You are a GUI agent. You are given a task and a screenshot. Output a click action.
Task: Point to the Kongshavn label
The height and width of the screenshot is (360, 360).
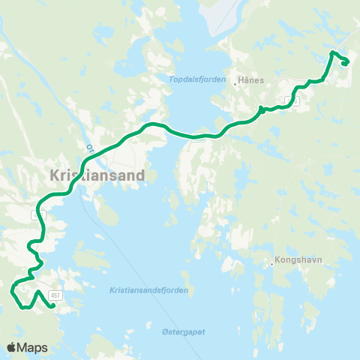[x=297, y=262]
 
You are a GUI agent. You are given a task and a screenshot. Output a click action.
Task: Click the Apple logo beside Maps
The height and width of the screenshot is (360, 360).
[x=12, y=347]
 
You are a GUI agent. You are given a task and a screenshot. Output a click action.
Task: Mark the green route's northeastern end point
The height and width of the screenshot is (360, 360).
[x=344, y=64]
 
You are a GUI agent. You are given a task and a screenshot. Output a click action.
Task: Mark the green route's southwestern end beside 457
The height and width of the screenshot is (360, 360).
[x=53, y=305]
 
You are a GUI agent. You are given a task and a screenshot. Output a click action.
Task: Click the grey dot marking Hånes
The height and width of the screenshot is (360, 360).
[x=235, y=84]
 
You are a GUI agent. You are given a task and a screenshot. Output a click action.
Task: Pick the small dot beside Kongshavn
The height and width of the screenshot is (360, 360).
[x=273, y=263]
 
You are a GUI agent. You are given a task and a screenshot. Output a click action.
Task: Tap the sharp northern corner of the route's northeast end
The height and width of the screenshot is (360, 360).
[x=332, y=52]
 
